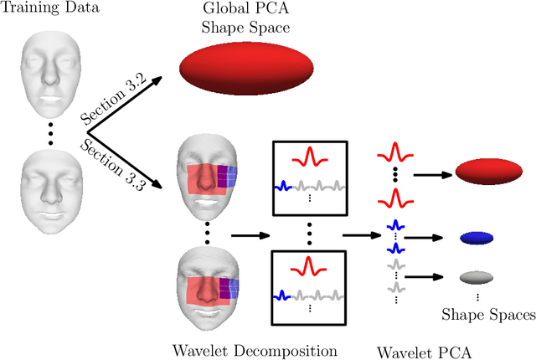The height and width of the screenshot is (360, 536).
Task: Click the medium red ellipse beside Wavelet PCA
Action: pyautogui.click(x=488, y=173)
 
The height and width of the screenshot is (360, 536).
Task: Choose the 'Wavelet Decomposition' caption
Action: pyautogui.click(x=255, y=349)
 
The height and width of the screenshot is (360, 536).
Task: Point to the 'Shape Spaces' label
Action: pyautogui.click(x=488, y=315)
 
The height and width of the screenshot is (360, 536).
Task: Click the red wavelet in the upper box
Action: pyautogui.click(x=308, y=157)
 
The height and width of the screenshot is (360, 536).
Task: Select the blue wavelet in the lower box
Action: pyautogui.click(x=284, y=294)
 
